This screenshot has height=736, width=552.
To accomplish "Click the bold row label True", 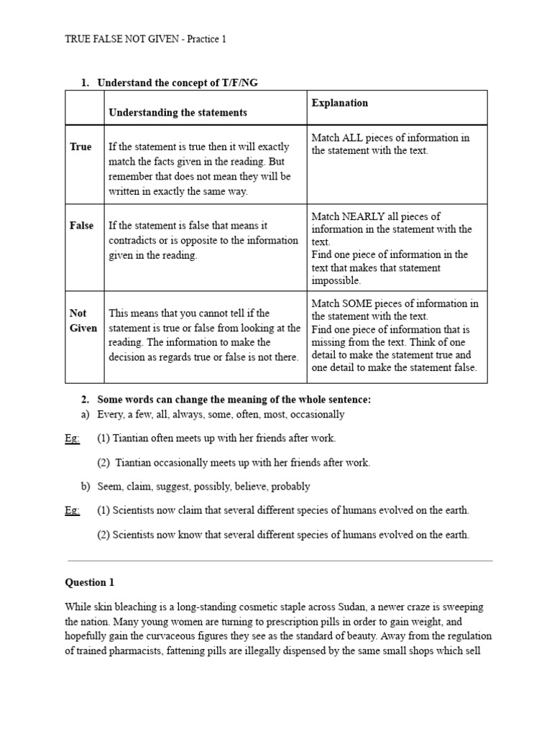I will tap(80, 147).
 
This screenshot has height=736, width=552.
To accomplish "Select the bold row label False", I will tap(81, 226).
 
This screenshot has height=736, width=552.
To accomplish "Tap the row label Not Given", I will tap(83, 321).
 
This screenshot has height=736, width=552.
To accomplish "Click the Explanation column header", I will tap(339, 103).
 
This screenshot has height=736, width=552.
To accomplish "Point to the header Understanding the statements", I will tap(178, 113).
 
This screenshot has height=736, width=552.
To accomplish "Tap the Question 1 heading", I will tap(89, 583).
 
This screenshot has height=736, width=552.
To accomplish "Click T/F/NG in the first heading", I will tap(239, 83).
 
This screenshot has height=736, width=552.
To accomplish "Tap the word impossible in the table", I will tap(336, 281).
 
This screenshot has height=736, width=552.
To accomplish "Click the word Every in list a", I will tap(111, 415).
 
